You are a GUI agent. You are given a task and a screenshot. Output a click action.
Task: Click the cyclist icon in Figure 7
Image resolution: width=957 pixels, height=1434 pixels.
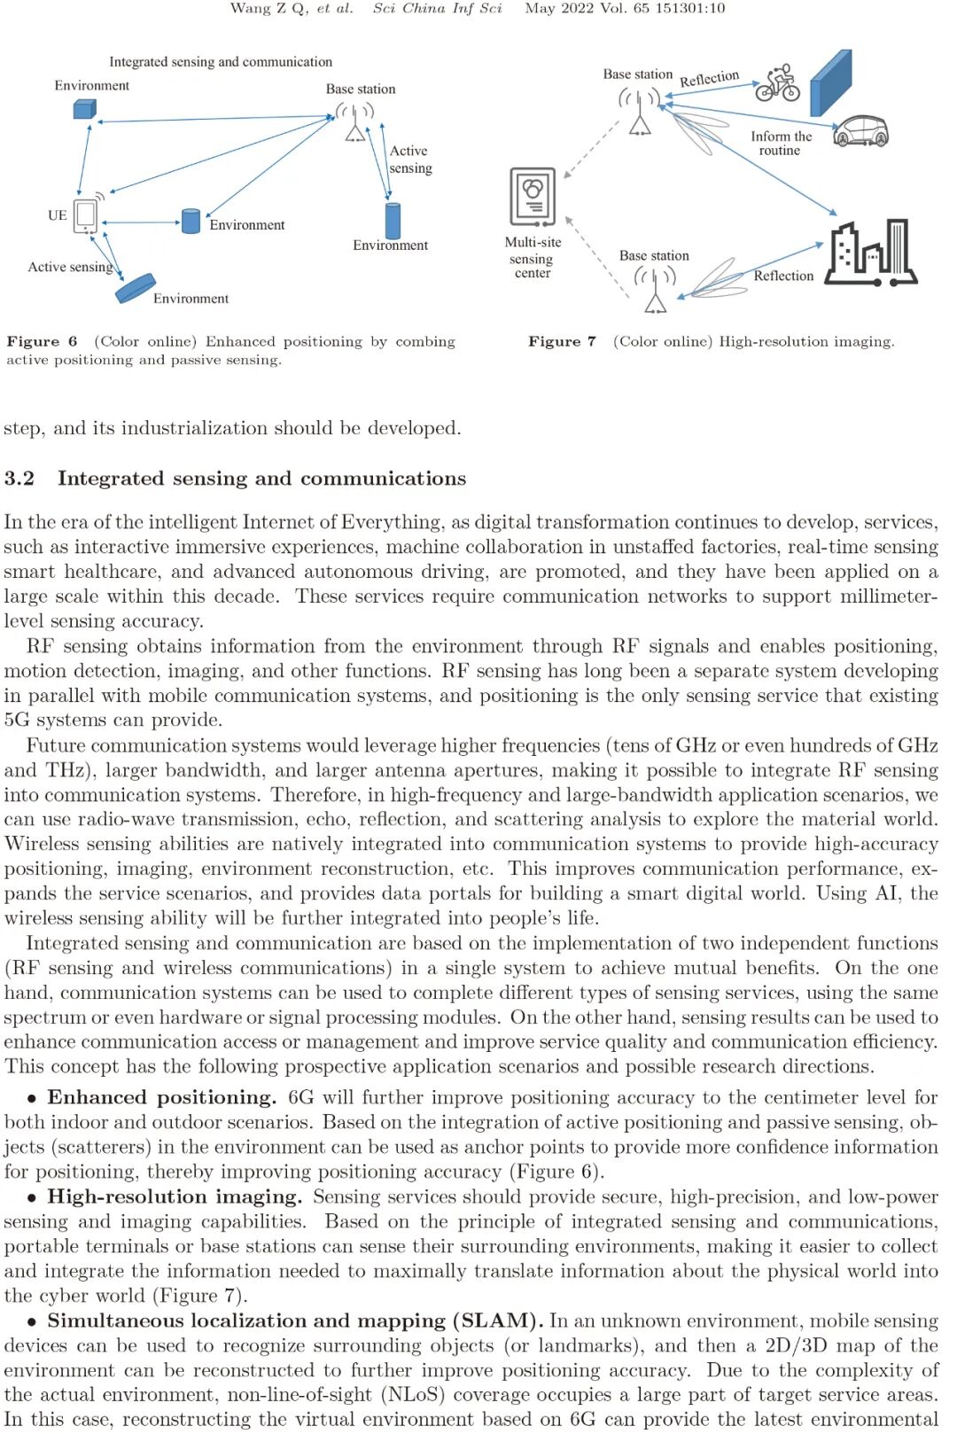tap(777, 83)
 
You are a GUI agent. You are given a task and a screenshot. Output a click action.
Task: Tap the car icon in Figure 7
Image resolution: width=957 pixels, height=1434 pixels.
tap(861, 131)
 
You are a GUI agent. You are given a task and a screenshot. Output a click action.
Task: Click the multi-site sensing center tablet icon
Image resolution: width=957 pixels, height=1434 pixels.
tap(533, 196)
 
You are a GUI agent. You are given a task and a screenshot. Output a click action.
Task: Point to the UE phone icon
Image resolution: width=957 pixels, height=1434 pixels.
tap(86, 214)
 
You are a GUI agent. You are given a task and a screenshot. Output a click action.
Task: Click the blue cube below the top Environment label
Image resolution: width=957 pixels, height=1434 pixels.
tap(84, 109)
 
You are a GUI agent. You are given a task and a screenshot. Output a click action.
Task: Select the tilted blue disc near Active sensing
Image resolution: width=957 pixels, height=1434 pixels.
tap(136, 288)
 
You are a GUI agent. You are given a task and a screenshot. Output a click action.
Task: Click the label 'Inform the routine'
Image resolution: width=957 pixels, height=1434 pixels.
tap(781, 144)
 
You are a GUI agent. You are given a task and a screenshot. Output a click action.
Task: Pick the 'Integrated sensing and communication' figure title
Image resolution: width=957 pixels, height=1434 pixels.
tap(221, 62)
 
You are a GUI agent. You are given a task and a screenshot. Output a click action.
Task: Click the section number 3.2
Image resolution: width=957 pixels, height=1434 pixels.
tap(19, 479)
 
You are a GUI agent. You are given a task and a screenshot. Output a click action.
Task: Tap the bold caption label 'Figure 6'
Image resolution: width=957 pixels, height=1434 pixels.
tap(42, 342)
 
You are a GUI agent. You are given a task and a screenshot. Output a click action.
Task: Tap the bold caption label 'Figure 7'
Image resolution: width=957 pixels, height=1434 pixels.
tap(562, 342)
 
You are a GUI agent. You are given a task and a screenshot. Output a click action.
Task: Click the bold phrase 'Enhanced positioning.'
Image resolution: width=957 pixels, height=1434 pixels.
tap(161, 1098)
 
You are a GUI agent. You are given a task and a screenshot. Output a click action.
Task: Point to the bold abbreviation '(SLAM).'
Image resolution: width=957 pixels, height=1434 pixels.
tap(498, 1321)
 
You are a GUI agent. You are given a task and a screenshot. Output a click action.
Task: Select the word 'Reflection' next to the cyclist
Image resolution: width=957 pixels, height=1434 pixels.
tap(709, 79)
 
